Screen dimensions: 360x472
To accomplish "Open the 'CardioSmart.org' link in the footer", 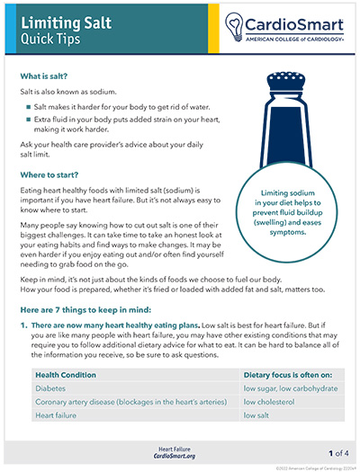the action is click(180, 454).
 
